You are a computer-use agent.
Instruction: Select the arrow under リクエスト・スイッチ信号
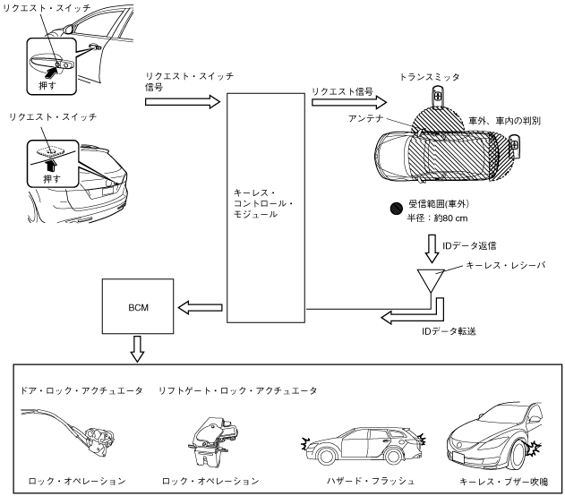point(181,102)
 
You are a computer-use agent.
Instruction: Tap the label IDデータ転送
point(448,329)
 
